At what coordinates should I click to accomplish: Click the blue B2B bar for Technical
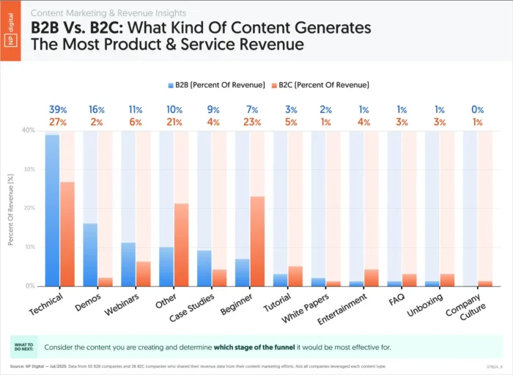pyautogui.click(x=52, y=210)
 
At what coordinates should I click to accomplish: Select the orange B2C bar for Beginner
pyautogui.click(x=257, y=241)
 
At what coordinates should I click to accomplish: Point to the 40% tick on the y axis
pyautogui.click(x=28, y=130)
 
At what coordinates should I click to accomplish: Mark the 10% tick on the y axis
pyautogui.click(x=28, y=247)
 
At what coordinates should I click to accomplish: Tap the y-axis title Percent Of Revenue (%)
pyautogui.click(x=12, y=208)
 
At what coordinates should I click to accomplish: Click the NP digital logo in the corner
pyautogui.click(x=10, y=31)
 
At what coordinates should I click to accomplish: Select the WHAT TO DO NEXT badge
pyautogui.click(x=23, y=346)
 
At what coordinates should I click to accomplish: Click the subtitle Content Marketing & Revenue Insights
pyautogui.click(x=108, y=13)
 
